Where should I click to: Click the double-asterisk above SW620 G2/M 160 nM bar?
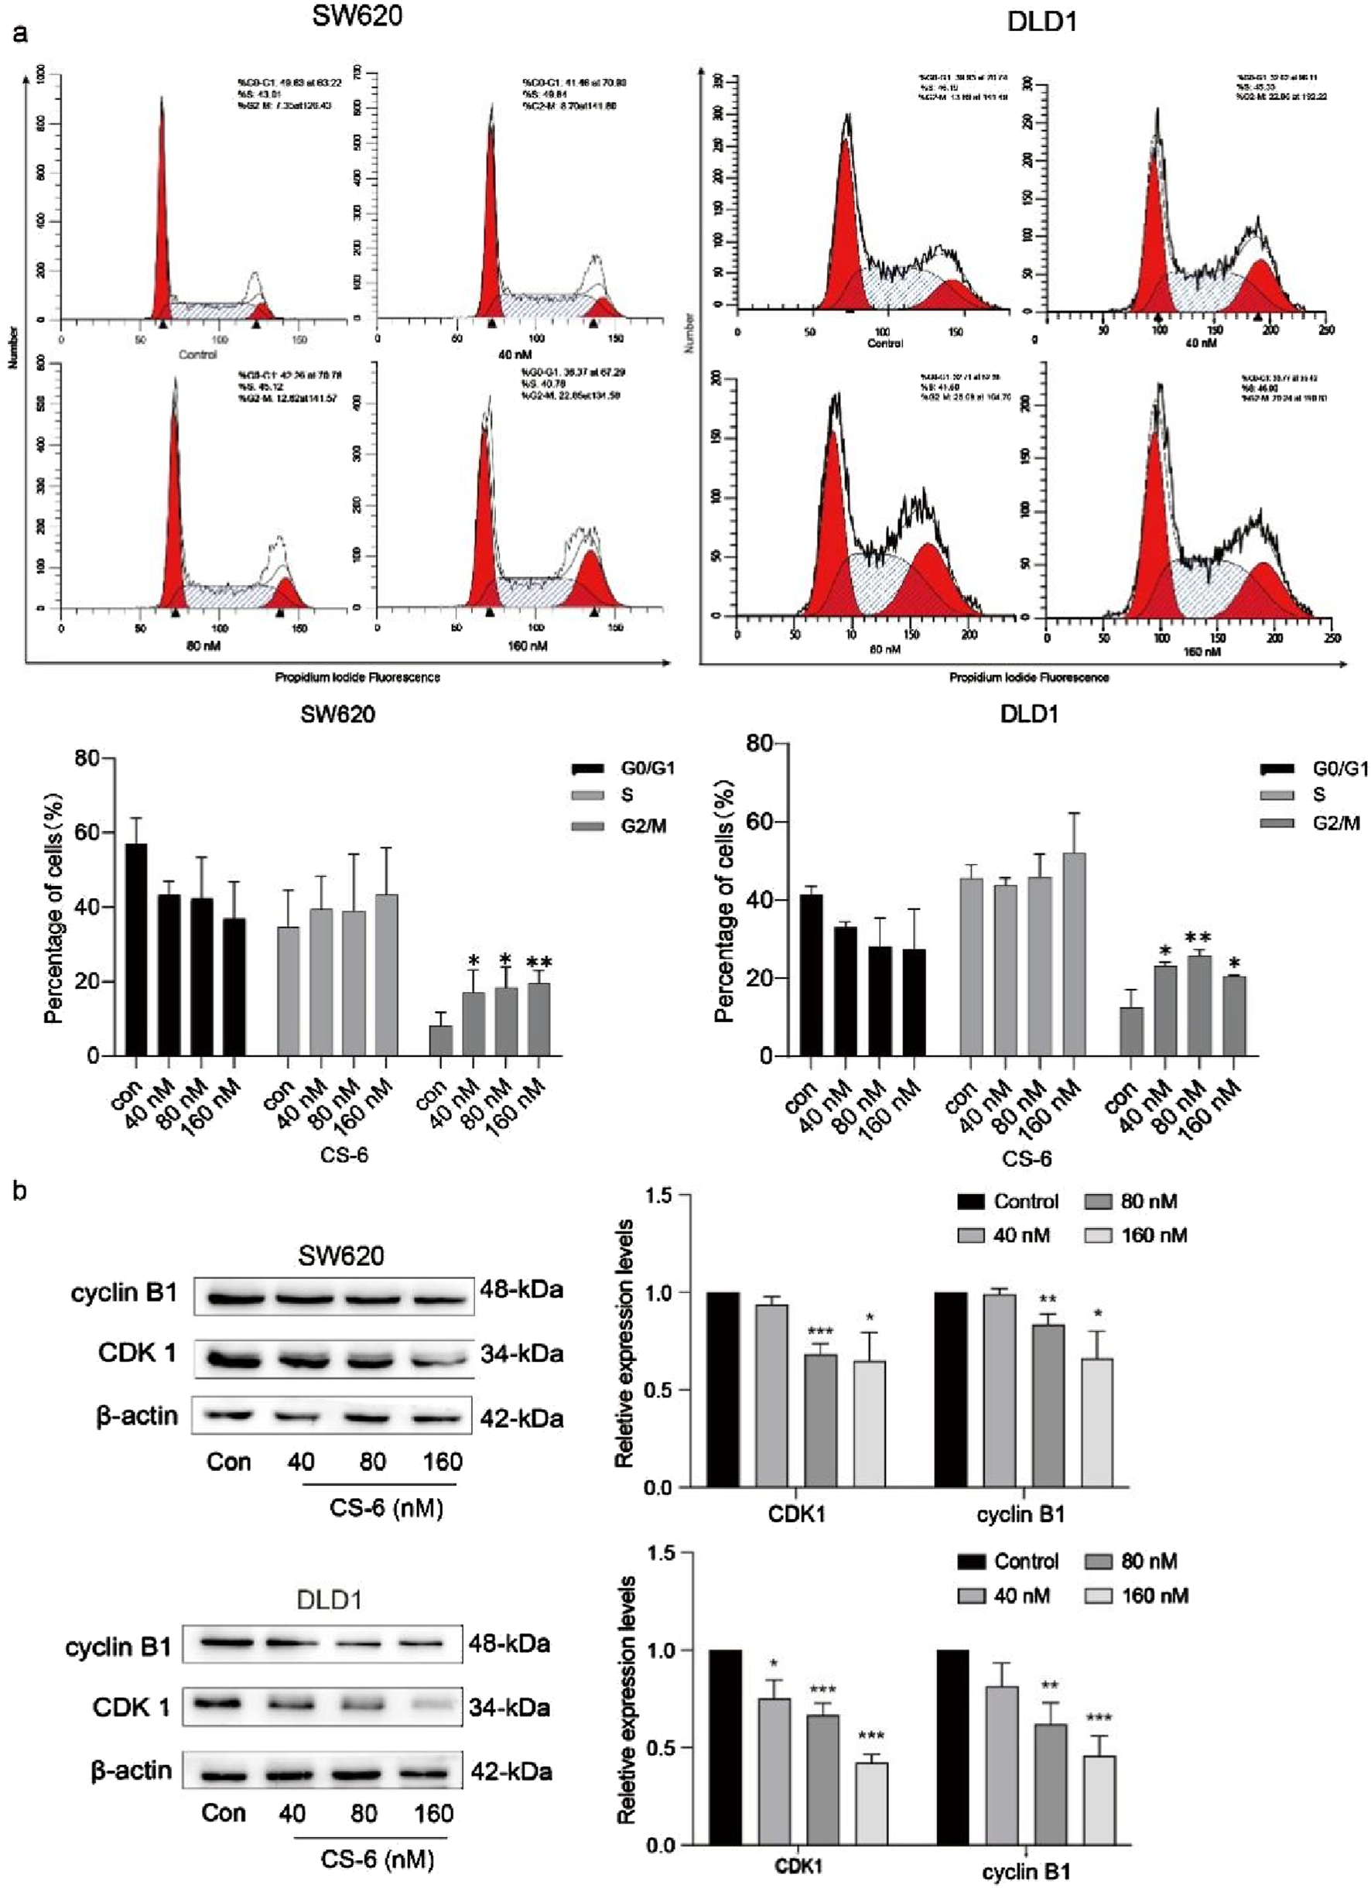pos(538,964)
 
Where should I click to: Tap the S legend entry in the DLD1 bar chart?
pos(1318,794)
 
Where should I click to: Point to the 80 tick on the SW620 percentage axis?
pos(86,758)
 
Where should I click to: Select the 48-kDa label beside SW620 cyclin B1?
pos(521,1289)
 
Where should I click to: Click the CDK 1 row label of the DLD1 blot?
pos(131,1708)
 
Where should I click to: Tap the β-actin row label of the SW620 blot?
pos(136,1415)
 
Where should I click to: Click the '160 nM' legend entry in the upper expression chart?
pos(1154,1236)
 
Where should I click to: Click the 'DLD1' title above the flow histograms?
pos(1041,22)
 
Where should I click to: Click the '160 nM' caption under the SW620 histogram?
pos(527,645)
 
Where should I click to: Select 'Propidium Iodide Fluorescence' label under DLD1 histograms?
pos(1029,678)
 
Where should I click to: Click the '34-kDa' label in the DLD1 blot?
pos(509,1708)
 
